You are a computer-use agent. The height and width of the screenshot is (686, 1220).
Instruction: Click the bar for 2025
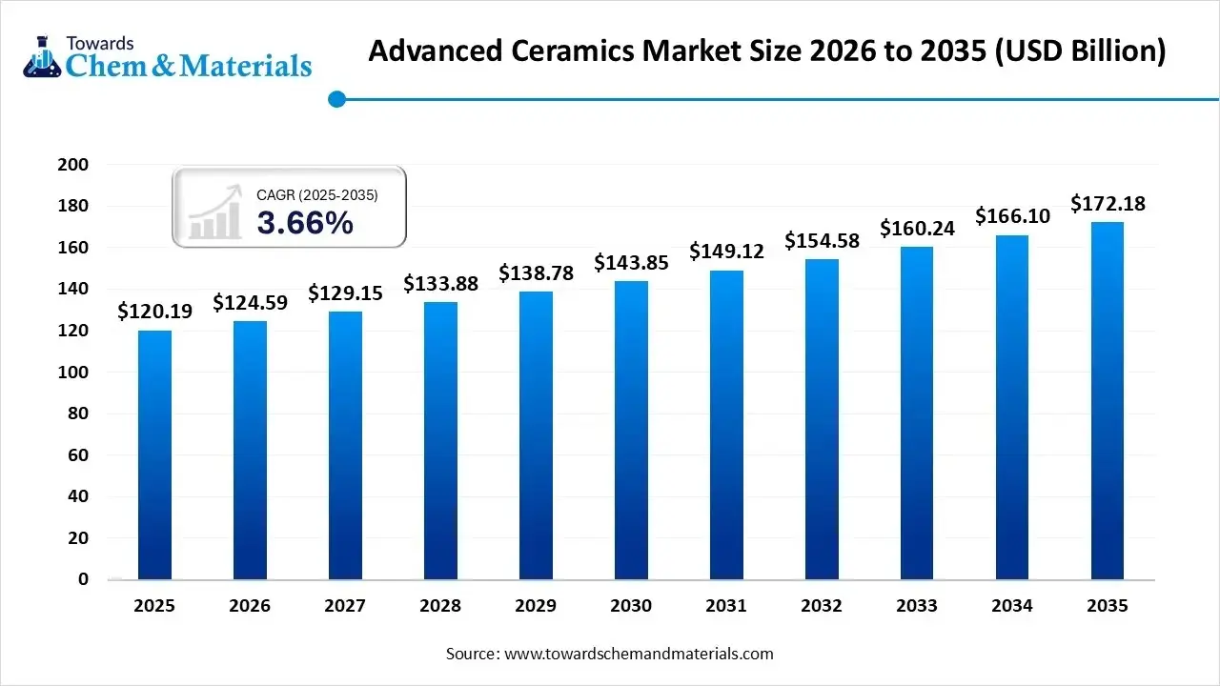[154, 454]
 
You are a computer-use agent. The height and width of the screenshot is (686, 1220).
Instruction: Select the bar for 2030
[631, 430]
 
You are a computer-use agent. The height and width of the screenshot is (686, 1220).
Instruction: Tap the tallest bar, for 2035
[1108, 400]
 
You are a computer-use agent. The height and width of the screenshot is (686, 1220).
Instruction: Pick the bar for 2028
[440, 440]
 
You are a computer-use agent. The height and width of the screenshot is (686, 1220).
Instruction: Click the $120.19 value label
[154, 311]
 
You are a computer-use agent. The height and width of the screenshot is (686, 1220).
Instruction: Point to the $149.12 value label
[726, 251]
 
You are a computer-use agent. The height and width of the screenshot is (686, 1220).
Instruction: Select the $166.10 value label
[1012, 216]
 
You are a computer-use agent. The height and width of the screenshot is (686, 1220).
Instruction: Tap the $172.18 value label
[1108, 203]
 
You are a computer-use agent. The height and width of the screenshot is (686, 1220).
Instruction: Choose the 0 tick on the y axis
[83, 579]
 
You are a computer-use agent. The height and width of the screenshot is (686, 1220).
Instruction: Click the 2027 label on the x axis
[345, 606]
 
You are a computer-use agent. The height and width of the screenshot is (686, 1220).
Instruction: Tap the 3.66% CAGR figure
[305, 224]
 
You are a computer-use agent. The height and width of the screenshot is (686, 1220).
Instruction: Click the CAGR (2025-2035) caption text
[317, 195]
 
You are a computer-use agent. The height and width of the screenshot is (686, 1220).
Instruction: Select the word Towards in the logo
[100, 43]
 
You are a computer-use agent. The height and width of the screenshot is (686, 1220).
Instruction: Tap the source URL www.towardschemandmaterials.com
[639, 654]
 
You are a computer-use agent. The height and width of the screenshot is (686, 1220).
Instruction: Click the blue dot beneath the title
[335, 98]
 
